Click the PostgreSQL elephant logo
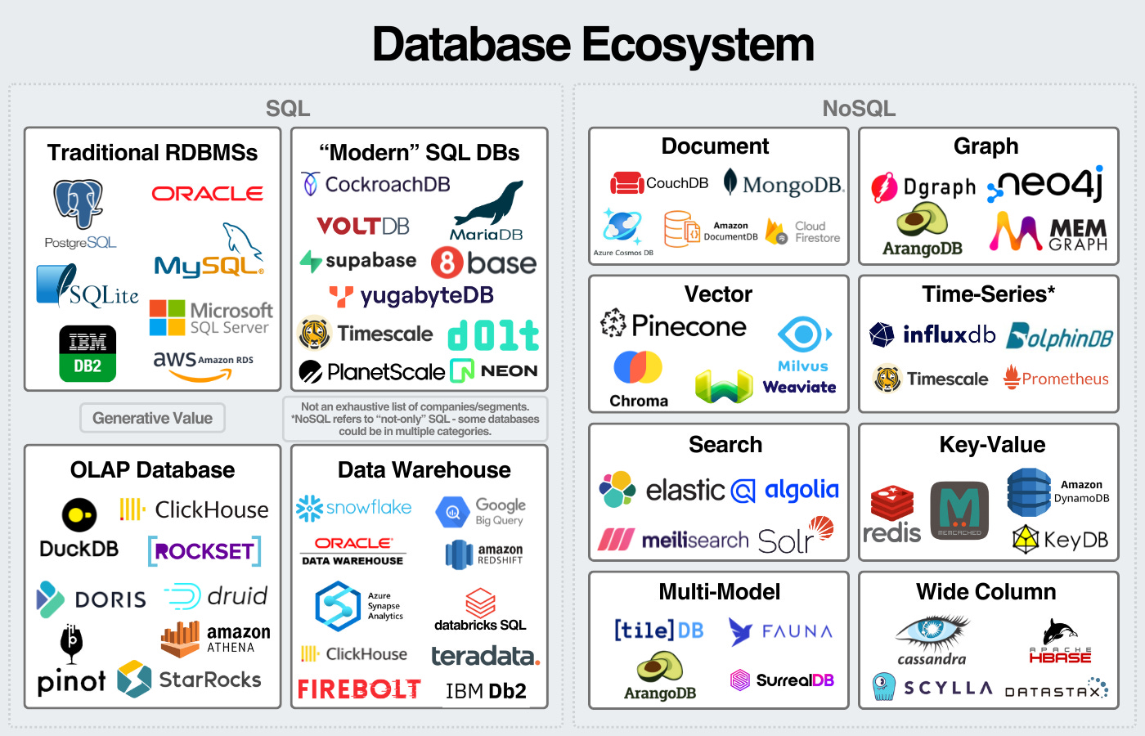79,204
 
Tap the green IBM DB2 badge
88,353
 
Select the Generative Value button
152,418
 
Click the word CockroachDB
387,185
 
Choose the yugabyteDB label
426,295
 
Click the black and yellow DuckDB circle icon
79,514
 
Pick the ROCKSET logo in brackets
204,551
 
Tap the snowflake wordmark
368,508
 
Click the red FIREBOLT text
359,689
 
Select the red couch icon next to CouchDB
627,183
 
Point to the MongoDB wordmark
792,185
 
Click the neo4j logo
1050,185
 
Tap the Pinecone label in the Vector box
689,326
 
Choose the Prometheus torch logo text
1065,379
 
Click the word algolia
801,490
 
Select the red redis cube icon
891,502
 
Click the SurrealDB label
794,680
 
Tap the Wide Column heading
986,592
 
